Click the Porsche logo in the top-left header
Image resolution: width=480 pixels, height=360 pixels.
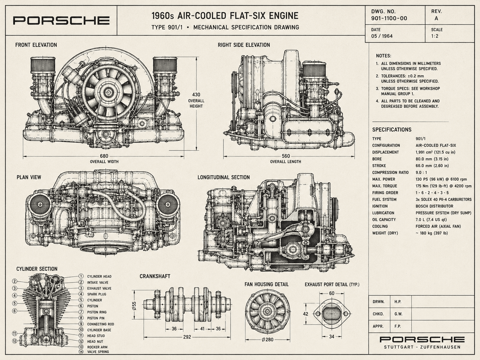pos(61,21)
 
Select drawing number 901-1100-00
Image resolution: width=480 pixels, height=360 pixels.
pos(389,18)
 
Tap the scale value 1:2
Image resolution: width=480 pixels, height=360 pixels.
pos(435,36)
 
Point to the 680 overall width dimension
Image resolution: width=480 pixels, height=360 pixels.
pos(104,156)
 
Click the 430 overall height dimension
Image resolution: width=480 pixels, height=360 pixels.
pos(196,95)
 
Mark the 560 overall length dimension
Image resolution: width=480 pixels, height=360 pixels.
pos(286,156)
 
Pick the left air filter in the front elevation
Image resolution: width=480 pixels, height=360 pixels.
pos(43,65)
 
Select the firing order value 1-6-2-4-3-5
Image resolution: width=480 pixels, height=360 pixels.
pos(432,193)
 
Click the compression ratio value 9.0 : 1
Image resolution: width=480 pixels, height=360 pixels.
pos(421,172)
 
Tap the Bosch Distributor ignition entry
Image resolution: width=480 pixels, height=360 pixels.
pos(434,206)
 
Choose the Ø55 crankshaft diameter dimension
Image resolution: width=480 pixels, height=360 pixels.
pos(134,306)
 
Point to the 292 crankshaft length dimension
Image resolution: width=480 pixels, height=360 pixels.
pos(187,337)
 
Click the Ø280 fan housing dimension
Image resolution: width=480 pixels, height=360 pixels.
pos(268,339)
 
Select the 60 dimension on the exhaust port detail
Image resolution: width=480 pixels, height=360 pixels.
pos(331,293)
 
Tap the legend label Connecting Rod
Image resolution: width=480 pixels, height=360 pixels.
pos(100,324)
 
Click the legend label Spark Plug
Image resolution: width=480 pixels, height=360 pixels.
pos(97,294)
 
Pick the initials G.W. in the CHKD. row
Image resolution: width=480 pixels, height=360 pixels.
pos(398,314)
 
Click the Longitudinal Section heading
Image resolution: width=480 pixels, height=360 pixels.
pos(223,177)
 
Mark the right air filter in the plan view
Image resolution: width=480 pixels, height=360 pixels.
pos(167,205)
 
